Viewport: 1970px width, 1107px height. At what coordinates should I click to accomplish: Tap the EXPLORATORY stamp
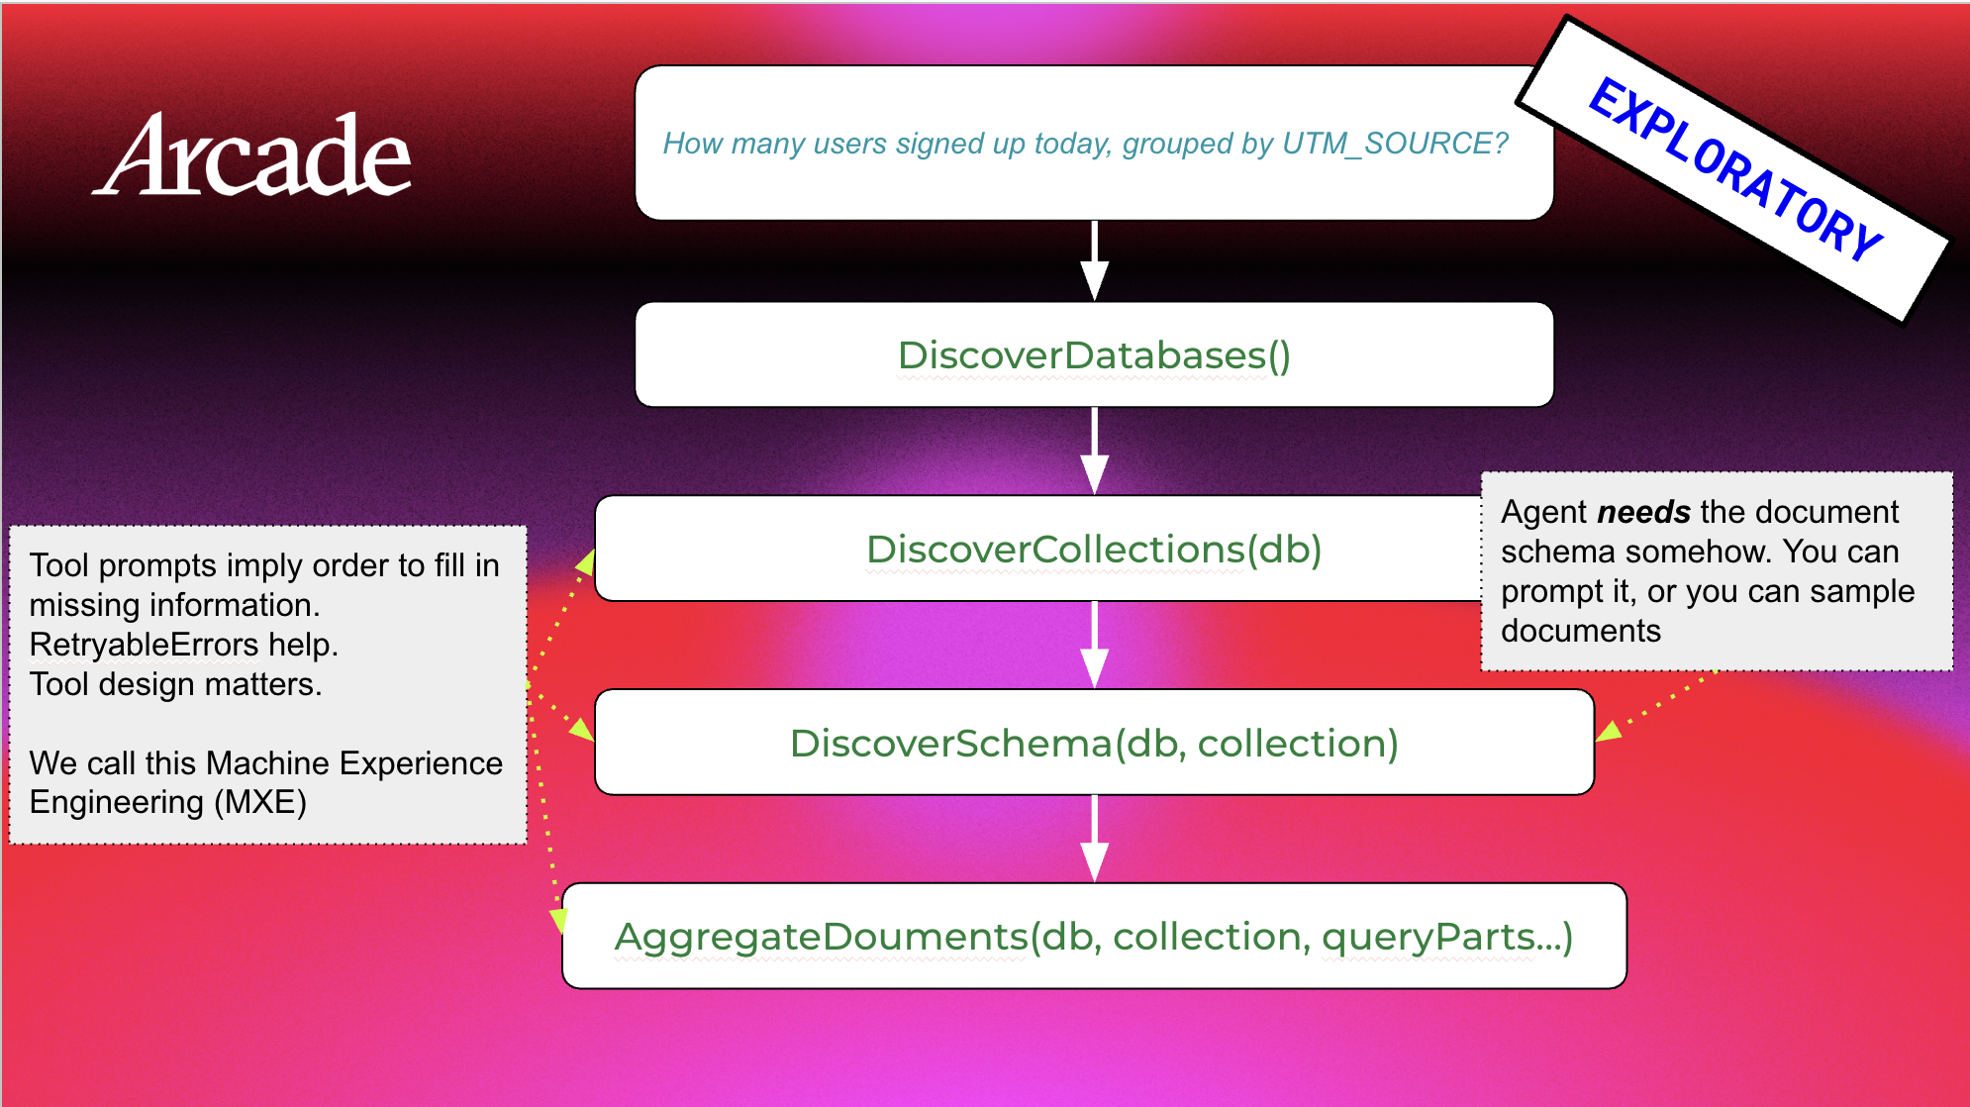point(1733,169)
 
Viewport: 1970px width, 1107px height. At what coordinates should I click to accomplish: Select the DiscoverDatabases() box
point(1094,354)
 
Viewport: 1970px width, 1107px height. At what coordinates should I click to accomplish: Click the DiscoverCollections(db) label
point(1094,549)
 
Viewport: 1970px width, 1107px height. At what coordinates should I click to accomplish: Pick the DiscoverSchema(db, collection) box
point(1094,742)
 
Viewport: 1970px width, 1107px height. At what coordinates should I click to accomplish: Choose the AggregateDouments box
point(1094,936)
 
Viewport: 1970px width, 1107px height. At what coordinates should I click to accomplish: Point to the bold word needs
point(1644,512)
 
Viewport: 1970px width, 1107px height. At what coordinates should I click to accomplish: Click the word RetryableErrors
point(144,645)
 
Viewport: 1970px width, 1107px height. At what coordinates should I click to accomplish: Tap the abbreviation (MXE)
point(260,802)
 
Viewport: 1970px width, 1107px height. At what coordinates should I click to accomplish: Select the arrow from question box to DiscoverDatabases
point(1094,260)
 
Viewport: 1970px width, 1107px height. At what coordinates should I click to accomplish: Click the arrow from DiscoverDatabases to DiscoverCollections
point(1094,451)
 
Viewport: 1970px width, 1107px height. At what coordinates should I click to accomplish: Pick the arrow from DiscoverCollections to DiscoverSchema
point(1094,645)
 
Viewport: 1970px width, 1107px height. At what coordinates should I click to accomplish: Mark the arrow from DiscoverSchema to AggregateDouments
point(1094,839)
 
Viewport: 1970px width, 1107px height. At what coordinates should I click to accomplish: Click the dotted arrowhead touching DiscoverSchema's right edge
point(1608,731)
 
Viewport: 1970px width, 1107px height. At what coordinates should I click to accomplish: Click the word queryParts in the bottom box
point(1428,937)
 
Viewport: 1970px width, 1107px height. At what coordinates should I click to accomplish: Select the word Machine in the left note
point(267,763)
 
